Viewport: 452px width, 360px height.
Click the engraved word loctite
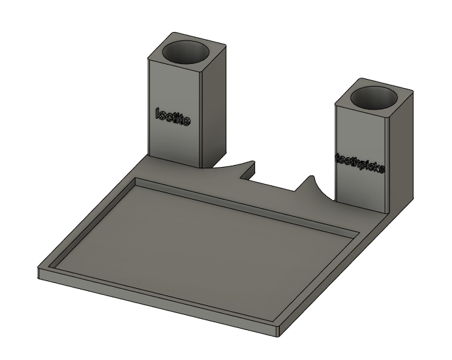pyautogui.click(x=173, y=117)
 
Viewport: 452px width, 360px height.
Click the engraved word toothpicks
pyautogui.click(x=361, y=163)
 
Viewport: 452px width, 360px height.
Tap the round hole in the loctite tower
pyautogui.click(x=187, y=52)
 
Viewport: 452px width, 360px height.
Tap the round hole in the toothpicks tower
pyautogui.click(x=374, y=97)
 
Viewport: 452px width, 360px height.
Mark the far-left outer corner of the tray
pyautogui.click(x=39, y=269)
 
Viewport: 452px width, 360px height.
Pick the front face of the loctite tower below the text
pyautogui.click(x=173, y=143)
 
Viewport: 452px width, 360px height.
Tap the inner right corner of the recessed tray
pyautogui.click(x=357, y=233)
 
